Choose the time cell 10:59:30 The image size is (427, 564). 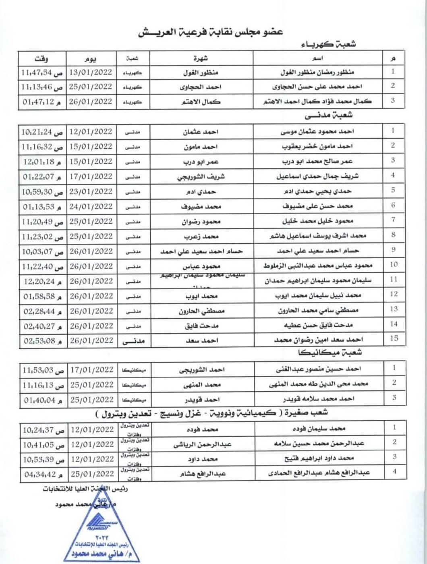tap(38, 191)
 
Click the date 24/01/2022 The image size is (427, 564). tap(91, 206)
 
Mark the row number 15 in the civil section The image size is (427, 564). tap(394, 338)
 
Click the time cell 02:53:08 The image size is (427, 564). tap(38, 340)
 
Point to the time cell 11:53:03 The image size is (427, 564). tap(38, 369)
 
